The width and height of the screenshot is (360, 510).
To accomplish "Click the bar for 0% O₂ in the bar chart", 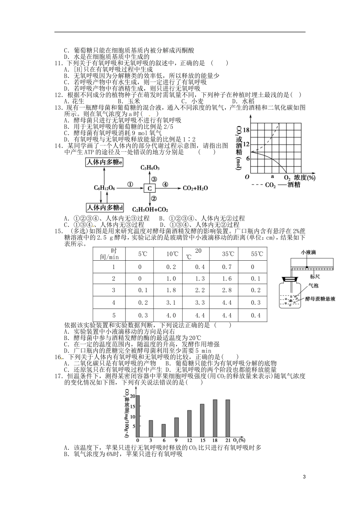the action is (x=138, y=416).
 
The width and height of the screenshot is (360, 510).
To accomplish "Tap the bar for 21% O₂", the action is (x=228, y=419).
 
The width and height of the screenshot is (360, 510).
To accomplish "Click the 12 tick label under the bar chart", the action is (x=189, y=440).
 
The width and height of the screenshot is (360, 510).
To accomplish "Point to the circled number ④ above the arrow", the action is (x=165, y=184).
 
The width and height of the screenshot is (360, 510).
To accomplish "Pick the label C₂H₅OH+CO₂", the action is (x=150, y=209).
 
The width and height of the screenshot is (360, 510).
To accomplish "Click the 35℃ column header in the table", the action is (x=227, y=254).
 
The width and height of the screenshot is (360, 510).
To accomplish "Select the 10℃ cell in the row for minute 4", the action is (x=171, y=303).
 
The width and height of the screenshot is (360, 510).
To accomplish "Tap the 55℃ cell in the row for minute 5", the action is (x=256, y=315).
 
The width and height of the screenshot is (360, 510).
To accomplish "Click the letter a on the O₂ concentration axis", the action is (x=272, y=176).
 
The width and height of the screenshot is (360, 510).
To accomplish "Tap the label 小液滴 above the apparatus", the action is (x=308, y=252).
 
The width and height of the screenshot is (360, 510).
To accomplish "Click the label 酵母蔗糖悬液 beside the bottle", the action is (x=320, y=299).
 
